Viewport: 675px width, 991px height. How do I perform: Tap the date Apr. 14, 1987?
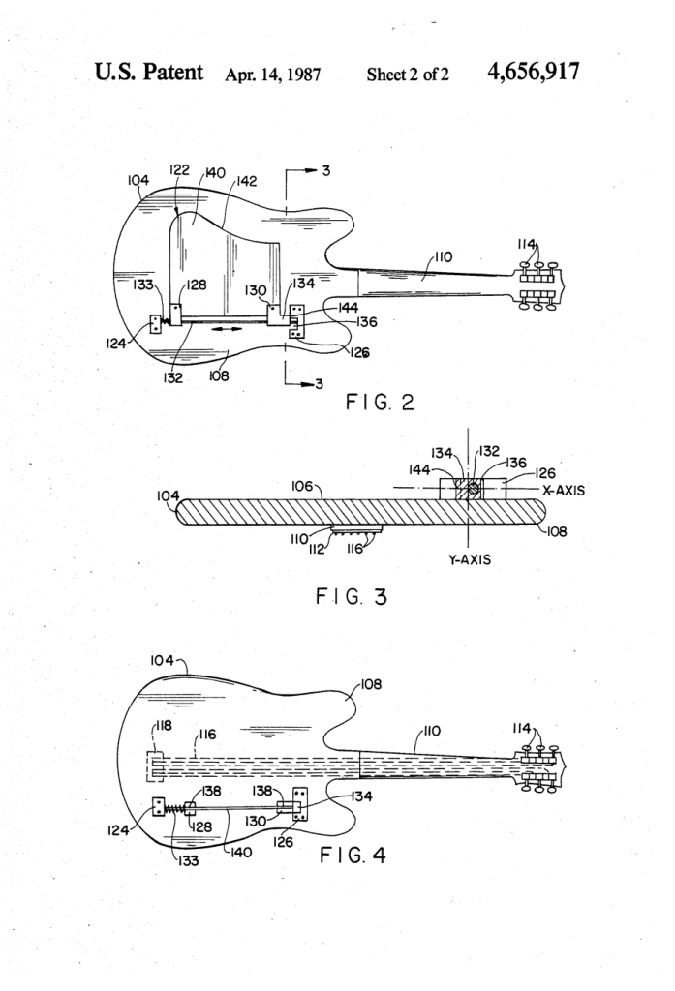click(274, 74)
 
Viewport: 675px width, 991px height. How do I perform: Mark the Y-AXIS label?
click(468, 559)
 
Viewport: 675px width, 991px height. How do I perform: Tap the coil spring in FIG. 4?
click(174, 805)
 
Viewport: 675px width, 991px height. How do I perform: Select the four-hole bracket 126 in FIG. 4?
click(301, 803)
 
